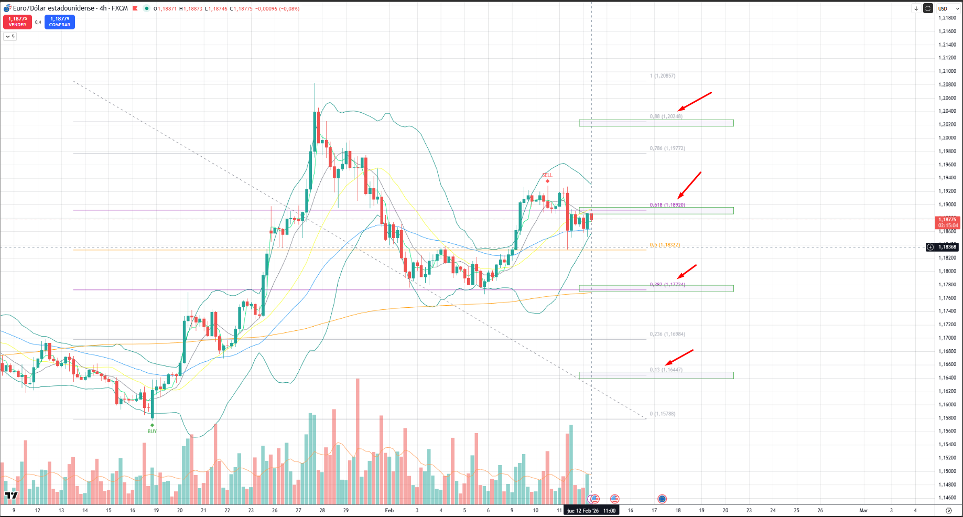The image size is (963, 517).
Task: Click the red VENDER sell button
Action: pyautogui.click(x=17, y=21)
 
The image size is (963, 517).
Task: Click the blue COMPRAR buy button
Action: pyautogui.click(x=60, y=21)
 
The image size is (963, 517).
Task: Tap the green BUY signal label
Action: pyautogui.click(x=152, y=431)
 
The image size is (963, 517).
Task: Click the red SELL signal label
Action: pyautogui.click(x=547, y=175)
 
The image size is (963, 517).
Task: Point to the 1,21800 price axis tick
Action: pyautogui.click(x=947, y=18)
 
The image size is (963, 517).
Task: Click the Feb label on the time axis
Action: pyautogui.click(x=389, y=510)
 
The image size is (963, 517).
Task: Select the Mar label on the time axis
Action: pyautogui.click(x=863, y=510)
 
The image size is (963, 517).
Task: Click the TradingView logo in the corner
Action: pyautogui.click(x=11, y=495)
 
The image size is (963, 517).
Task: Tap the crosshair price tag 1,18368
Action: pyautogui.click(x=947, y=247)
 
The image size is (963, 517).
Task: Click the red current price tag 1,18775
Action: pyautogui.click(x=947, y=222)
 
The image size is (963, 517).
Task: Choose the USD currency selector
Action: pyautogui.click(x=943, y=8)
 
